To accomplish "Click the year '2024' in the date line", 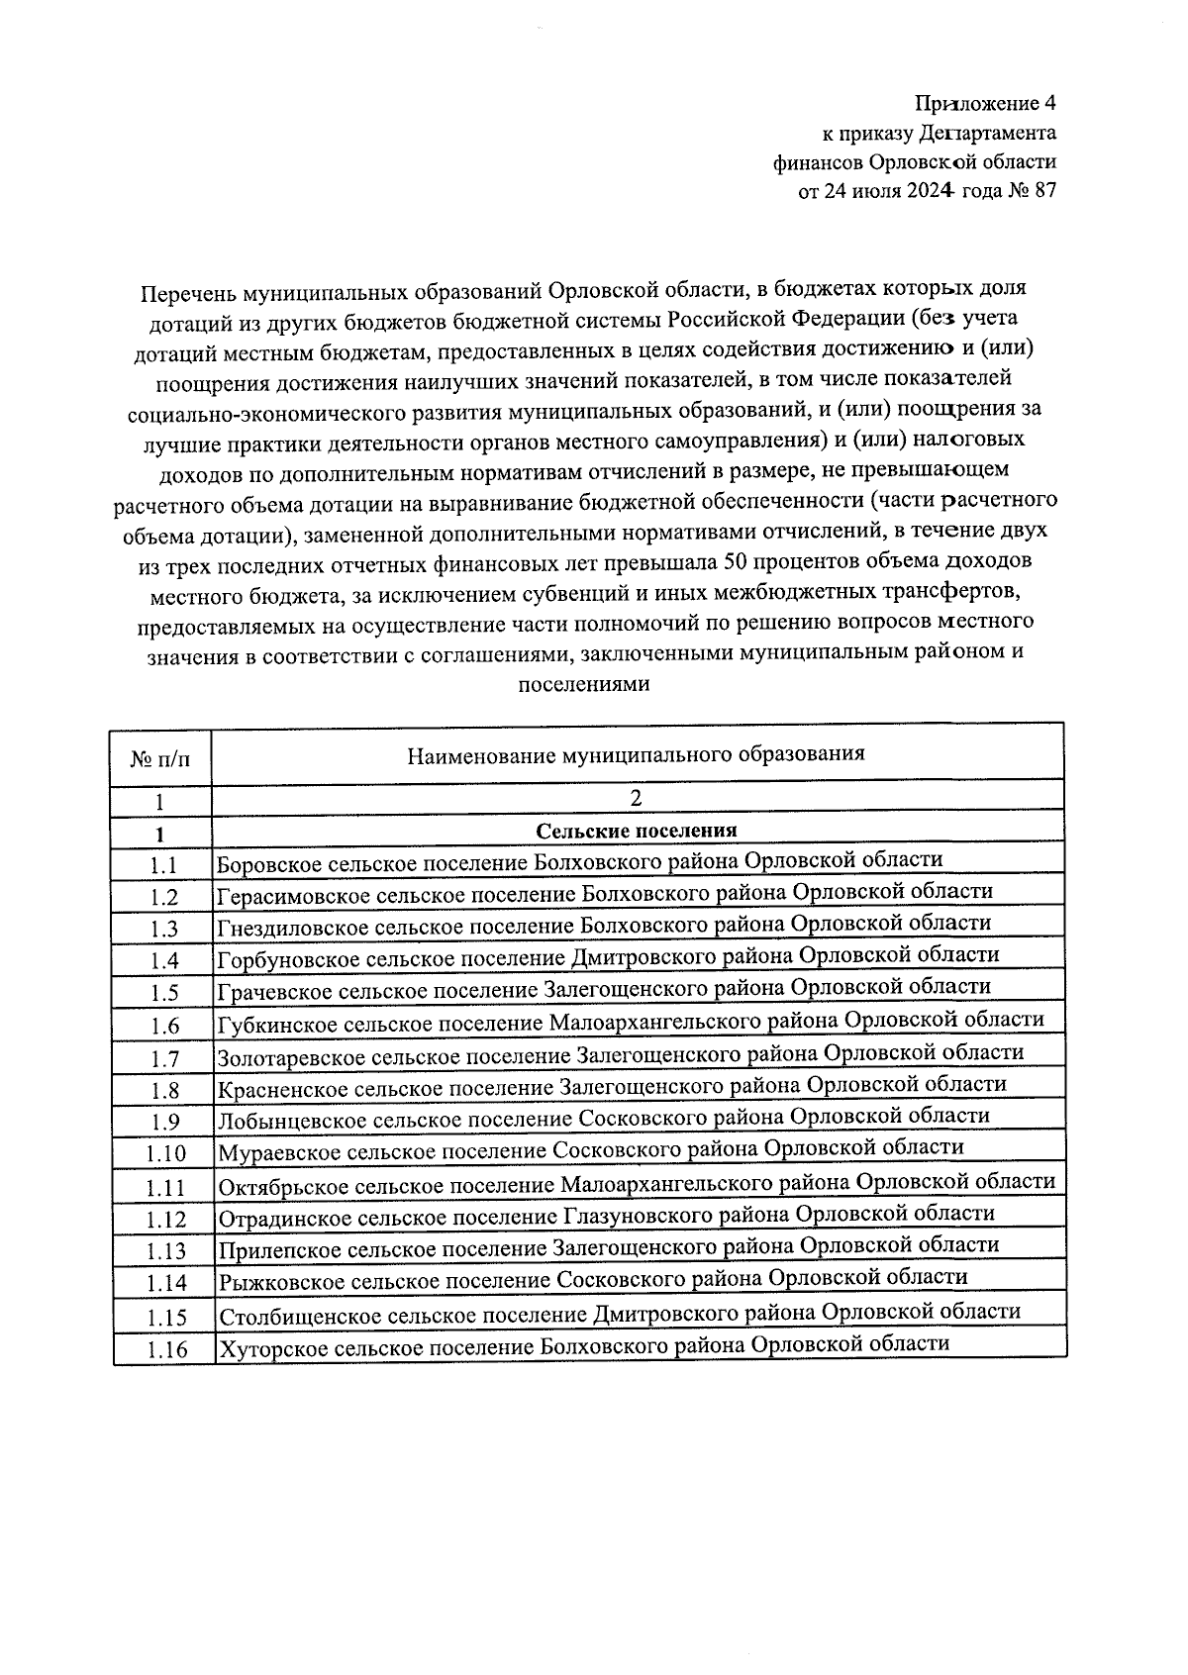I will point(928,192).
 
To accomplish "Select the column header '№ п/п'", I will point(160,759).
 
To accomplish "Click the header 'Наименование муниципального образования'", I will point(636,754).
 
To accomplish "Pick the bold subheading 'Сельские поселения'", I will point(636,831).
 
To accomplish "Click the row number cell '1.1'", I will point(163,865).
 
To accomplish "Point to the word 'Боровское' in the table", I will point(267,862).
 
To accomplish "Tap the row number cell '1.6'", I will point(164,1026).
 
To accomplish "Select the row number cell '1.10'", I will point(165,1154).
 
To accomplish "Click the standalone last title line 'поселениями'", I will point(584,684).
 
